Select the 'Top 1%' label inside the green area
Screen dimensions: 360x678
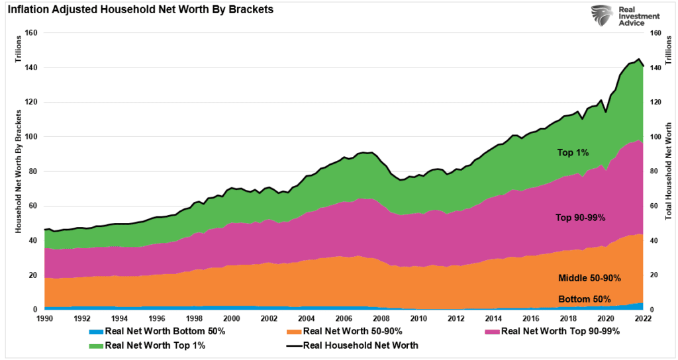(x=573, y=153)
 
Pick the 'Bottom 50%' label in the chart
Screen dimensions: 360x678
(x=584, y=298)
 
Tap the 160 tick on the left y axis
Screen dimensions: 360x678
(x=31, y=33)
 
